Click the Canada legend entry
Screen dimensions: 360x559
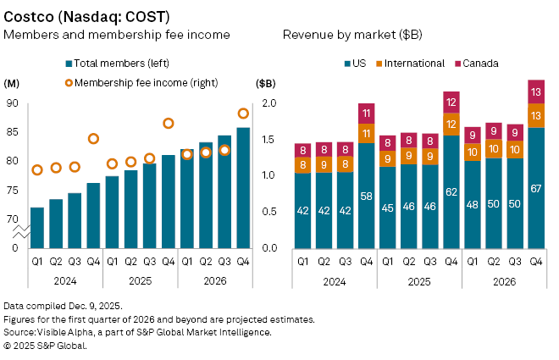(481, 64)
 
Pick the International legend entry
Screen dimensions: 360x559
(414, 64)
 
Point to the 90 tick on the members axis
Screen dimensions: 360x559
(12, 103)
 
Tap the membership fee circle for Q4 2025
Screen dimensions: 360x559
(169, 124)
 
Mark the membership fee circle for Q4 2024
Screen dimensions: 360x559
(94, 139)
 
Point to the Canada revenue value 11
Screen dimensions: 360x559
(367, 113)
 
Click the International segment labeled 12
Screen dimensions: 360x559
(451, 124)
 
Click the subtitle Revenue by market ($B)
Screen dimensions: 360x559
(352, 36)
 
